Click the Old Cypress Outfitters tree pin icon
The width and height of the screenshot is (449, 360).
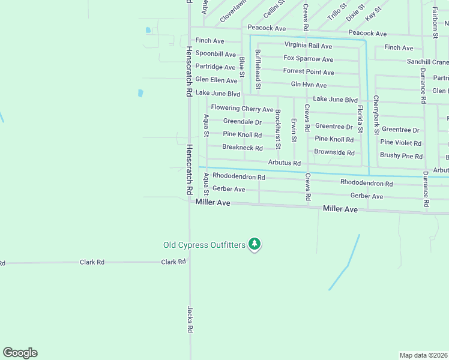[255, 244]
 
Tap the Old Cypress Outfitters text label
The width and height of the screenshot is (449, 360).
[204, 245]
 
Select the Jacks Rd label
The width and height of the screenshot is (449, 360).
[190, 320]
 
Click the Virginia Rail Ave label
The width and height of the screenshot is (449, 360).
[308, 46]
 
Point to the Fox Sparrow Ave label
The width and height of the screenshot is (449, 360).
[309, 59]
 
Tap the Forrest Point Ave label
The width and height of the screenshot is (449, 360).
[309, 72]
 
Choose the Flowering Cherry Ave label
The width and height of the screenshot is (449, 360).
[242, 109]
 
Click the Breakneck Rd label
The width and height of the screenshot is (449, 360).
[243, 148]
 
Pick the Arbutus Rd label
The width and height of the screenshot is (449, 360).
[284, 163]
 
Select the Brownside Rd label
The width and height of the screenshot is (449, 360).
[334, 152]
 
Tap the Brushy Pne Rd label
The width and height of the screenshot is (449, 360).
[401, 156]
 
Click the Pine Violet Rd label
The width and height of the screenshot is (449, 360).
[401, 143]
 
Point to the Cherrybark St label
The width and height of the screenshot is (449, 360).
[376, 114]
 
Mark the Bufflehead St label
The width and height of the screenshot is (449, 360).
[258, 70]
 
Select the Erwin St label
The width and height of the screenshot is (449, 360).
[294, 130]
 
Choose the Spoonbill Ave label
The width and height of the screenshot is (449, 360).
[215, 54]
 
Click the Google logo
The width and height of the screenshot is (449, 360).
[20, 353]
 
